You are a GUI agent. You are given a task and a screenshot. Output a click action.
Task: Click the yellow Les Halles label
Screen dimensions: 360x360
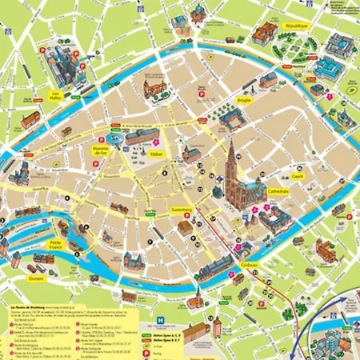point(55,96)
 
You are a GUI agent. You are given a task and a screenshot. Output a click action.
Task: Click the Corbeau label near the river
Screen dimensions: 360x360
point(250,266)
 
